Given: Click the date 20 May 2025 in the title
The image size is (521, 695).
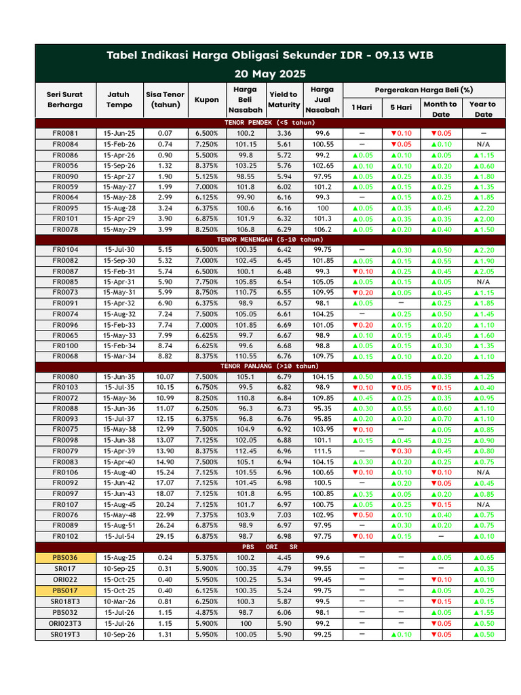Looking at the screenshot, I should click(x=270, y=73).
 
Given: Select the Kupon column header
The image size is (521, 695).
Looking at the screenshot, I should click(x=207, y=100).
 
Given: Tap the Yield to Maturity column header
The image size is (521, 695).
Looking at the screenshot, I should click(x=284, y=100).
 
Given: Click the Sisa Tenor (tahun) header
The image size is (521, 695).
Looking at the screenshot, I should click(x=165, y=100).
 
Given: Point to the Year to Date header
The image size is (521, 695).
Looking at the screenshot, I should click(x=482, y=109).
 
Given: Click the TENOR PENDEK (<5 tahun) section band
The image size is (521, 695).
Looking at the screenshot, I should click(x=270, y=123).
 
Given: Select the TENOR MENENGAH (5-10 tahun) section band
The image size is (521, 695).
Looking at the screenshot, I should click(x=270, y=240).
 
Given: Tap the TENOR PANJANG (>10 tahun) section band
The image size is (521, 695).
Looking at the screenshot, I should click(x=270, y=366).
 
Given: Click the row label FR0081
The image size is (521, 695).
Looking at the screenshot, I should click(x=65, y=134).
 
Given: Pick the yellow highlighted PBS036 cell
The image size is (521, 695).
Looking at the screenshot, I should click(x=65, y=557).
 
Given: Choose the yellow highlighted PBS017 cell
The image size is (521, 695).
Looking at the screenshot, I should click(x=65, y=590).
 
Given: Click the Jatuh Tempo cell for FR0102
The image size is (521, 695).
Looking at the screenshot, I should click(x=119, y=536).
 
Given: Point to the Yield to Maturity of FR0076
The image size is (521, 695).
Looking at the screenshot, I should click(x=284, y=515).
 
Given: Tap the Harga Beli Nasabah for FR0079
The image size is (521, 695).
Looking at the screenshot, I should click(x=245, y=451).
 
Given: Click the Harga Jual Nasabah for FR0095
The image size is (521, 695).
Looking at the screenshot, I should click(x=323, y=208).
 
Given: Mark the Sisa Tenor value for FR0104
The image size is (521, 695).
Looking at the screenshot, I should click(x=165, y=250).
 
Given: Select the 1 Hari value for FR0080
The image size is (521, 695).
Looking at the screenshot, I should click(x=362, y=377).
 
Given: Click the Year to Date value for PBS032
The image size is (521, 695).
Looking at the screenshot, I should click(x=482, y=612).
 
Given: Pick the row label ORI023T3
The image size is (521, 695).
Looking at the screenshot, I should click(x=65, y=623).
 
